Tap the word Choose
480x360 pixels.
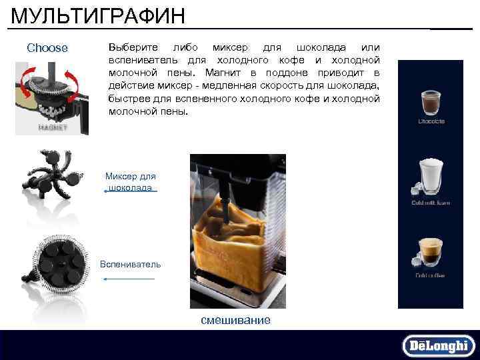pos(47,48)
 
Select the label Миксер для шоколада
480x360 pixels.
pos(131,182)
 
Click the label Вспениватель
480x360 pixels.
pos(131,264)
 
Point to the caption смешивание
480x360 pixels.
pos(236,320)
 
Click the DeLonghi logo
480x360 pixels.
pos(439,345)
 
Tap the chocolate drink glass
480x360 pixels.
pos(431,101)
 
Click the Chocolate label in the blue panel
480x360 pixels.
pos(431,121)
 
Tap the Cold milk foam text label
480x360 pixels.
pos(431,203)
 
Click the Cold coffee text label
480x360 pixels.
pos(431,275)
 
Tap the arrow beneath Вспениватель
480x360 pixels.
pos(131,279)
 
